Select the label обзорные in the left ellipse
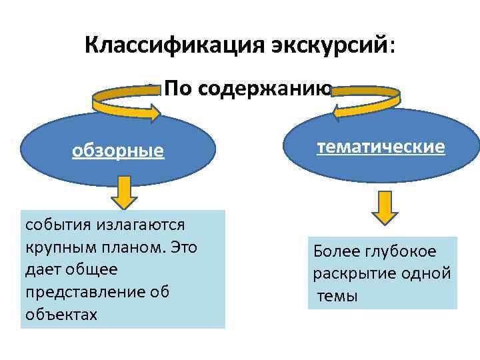point(118,151)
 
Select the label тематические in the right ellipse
point(381,147)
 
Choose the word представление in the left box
point(85,291)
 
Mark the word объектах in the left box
point(61,314)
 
